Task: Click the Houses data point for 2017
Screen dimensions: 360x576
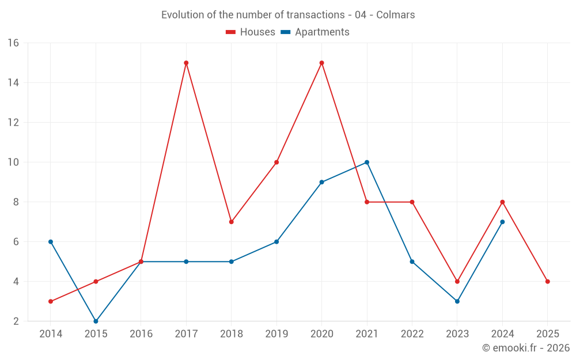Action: click(186, 63)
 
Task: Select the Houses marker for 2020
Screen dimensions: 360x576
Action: click(321, 63)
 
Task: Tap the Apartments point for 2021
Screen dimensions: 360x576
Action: click(367, 162)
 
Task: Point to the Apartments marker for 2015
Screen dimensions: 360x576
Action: click(96, 321)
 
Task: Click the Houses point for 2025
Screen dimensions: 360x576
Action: click(547, 282)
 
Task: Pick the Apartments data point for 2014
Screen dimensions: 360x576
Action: click(51, 242)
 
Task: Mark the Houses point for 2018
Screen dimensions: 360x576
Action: click(231, 222)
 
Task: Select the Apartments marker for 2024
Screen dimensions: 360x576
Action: click(502, 222)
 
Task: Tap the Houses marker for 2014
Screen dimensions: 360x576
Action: click(51, 301)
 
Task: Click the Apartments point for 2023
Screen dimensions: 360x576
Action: click(457, 301)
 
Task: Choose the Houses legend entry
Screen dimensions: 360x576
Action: click(251, 32)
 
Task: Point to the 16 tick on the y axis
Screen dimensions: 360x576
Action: click(13, 43)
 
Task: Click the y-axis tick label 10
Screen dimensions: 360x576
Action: click(13, 162)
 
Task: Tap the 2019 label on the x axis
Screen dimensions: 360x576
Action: click(276, 334)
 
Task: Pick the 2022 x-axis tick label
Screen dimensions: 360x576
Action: click(412, 334)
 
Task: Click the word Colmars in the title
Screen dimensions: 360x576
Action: click(396, 15)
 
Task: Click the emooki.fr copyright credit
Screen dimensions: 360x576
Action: click(526, 348)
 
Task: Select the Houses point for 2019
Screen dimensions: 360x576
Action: click(276, 162)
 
